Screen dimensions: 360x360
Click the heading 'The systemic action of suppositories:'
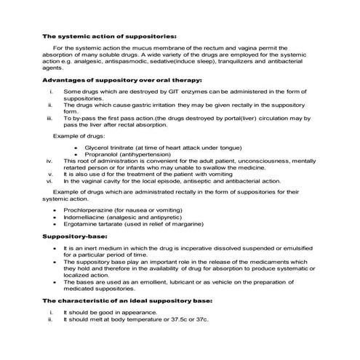(x=109, y=36)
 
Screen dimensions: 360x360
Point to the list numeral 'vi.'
(x=48, y=181)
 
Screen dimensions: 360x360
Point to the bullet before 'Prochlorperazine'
(x=55, y=209)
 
